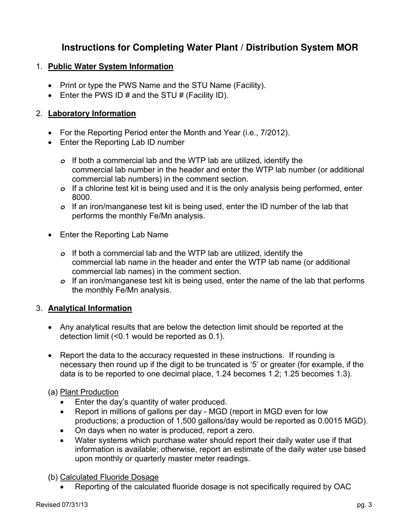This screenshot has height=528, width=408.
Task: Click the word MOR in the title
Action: coord(347,47)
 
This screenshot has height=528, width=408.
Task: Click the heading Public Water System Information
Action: coord(110,67)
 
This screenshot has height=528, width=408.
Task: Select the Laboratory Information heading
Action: coord(92,114)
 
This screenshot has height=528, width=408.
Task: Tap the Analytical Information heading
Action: coord(90,308)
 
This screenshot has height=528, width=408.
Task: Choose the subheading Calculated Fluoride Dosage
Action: coord(109,477)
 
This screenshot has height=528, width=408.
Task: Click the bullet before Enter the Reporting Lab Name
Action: coord(51,235)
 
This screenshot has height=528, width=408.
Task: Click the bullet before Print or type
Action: coord(51,86)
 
